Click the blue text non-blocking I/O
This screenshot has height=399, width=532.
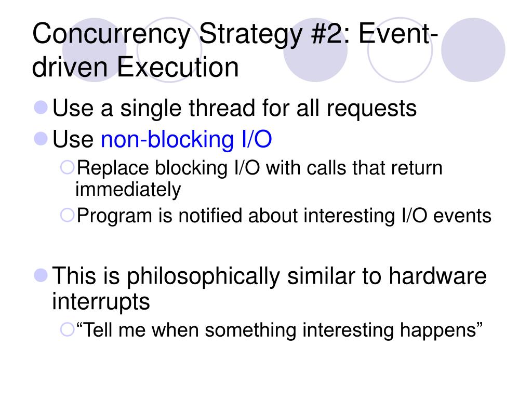(186, 140)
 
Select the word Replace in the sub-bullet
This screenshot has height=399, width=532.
(106, 168)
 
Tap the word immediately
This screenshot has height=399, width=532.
(128, 190)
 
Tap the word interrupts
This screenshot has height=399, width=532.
(101, 301)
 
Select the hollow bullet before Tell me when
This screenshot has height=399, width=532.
(67, 329)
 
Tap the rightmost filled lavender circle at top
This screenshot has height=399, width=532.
(473, 49)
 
